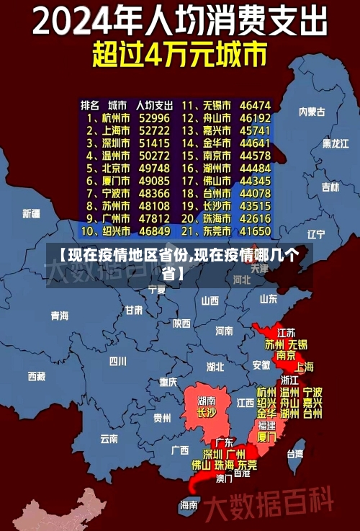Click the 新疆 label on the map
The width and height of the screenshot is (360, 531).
(x=31, y=213)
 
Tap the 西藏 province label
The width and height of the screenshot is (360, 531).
(x=36, y=375)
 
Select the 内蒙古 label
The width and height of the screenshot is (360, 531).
(x=312, y=112)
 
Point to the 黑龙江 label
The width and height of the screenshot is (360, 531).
(x=336, y=143)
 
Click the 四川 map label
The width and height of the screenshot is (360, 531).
(x=117, y=360)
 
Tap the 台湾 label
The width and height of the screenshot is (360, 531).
(x=295, y=454)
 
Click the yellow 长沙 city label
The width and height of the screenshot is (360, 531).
(x=207, y=413)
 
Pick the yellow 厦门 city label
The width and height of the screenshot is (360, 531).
(x=266, y=437)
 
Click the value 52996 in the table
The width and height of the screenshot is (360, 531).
(x=154, y=118)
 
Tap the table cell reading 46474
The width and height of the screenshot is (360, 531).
(x=256, y=105)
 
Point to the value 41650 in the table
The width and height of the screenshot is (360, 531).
(x=256, y=231)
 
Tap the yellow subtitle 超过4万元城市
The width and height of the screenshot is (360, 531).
(x=180, y=55)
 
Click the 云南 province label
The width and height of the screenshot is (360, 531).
(x=109, y=437)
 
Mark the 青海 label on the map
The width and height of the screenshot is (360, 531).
(x=60, y=316)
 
